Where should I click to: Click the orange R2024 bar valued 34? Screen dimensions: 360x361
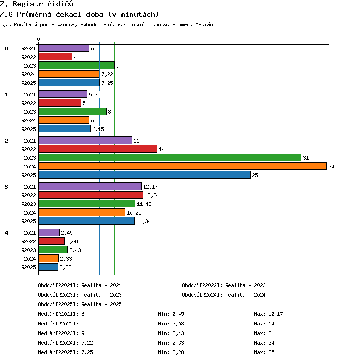tap(183, 166)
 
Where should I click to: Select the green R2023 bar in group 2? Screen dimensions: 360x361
tap(170, 158)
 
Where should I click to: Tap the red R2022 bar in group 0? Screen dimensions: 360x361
tap(56, 57)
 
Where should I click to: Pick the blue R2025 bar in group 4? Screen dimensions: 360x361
tap(48, 267)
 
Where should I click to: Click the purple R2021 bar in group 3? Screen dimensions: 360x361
tap(90, 186)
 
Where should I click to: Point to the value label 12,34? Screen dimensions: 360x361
tap(152, 195)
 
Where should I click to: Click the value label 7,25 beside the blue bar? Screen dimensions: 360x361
tap(107, 83)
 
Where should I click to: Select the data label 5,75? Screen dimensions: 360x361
tap(95, 95)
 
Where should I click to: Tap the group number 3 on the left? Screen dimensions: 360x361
tap(6, 187)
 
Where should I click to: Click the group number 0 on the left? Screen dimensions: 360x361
tap(6, 48)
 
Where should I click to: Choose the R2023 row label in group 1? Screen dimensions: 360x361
tap(28, 112)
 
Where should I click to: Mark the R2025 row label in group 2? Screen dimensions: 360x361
tap(28, 175)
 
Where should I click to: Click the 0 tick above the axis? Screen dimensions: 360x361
tap(39, 39)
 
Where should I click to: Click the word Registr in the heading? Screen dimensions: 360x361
tap(28, 4)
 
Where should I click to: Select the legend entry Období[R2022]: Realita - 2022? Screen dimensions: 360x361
tap(224, 285)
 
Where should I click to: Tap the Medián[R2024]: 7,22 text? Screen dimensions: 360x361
tap(65, 343)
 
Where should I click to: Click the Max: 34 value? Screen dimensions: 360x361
tap(264, 343)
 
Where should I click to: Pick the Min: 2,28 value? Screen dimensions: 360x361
tap(171, 352)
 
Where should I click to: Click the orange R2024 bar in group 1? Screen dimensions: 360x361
tap(64, 120)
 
